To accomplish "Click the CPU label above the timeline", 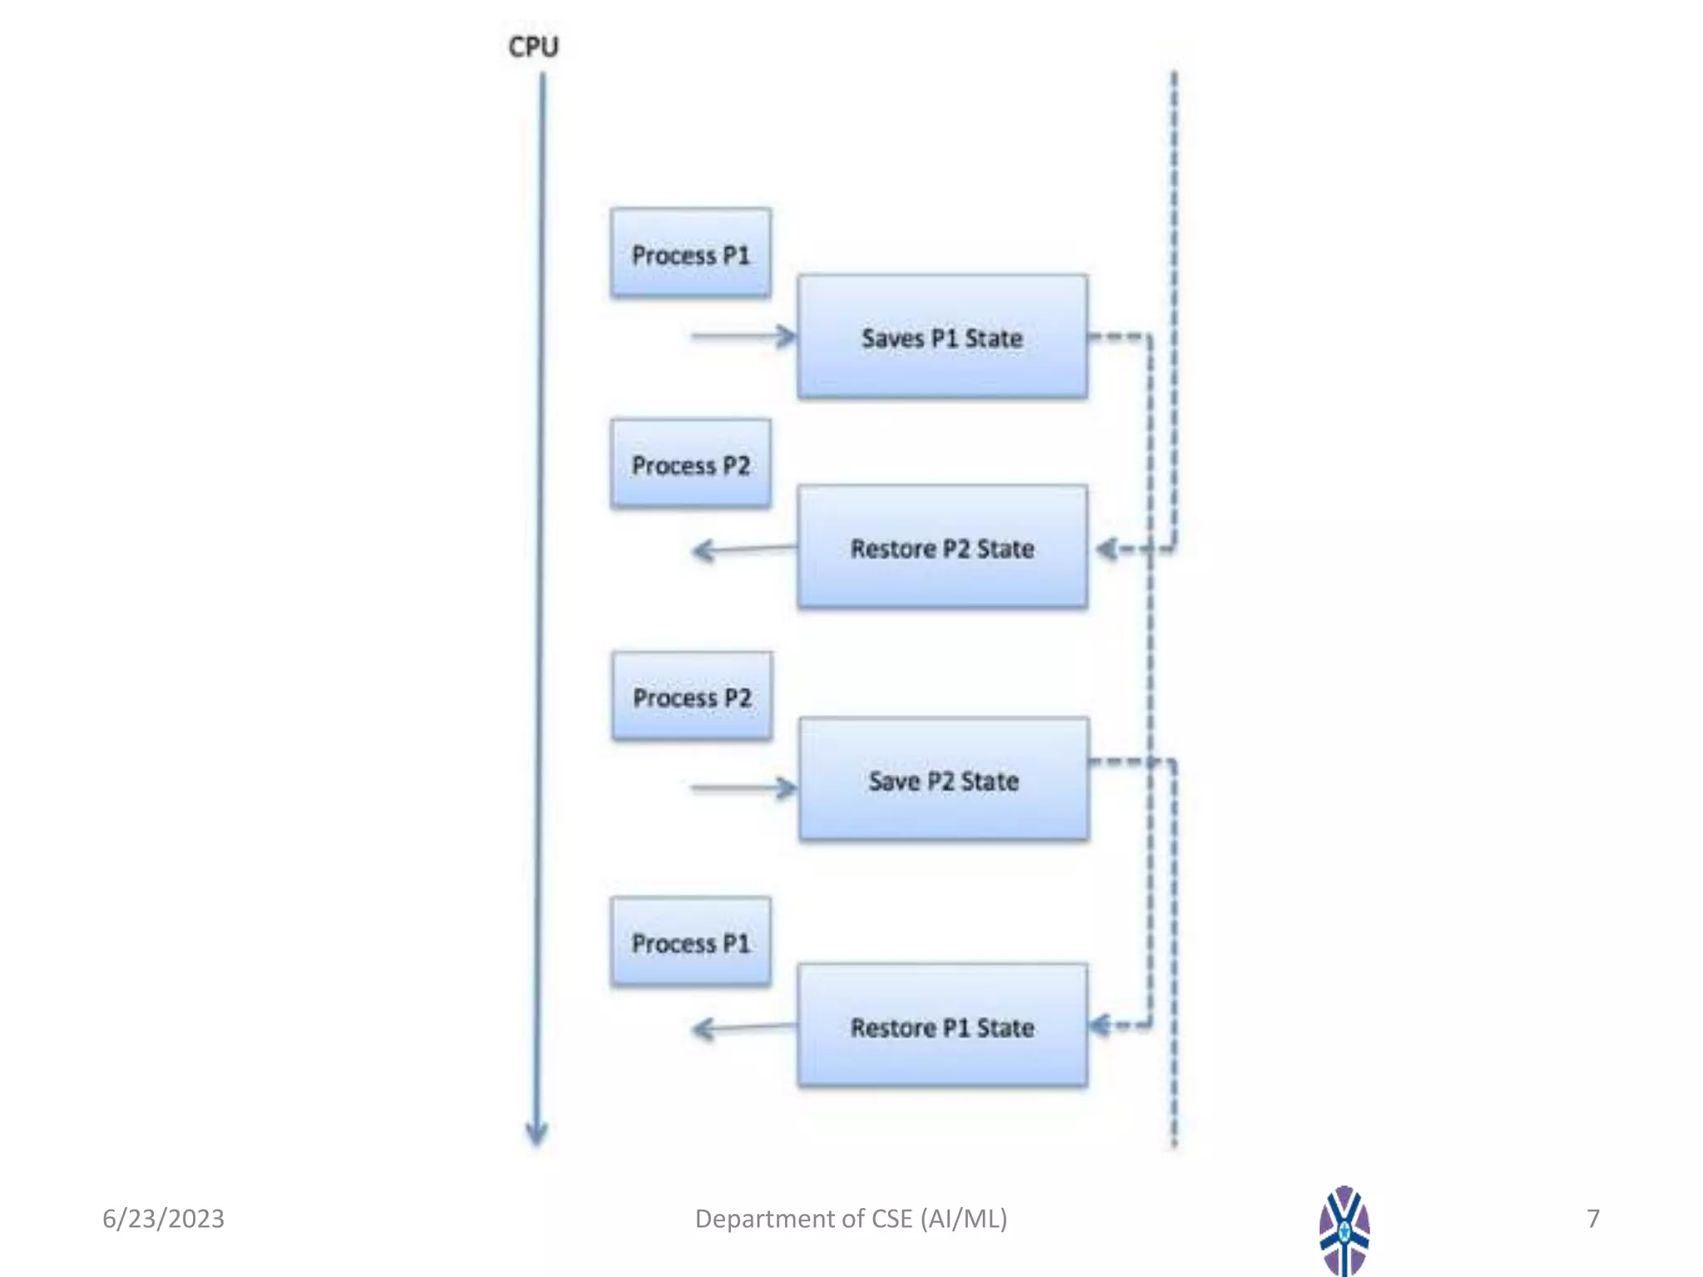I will pyautogui.click(x=533, y=47).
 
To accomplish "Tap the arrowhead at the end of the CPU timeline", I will pyautogui.click(x=536, y=1132).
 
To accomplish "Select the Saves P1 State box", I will pyautogui.click(x=942, y=337).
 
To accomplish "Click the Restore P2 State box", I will pyautogui.click(x=942, y=547).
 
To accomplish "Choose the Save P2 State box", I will pyautogui.click(x=944, y=780).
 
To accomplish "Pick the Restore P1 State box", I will pyautogui.click(x=942, y=1026).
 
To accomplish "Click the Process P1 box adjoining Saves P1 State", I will pyautogui.click(x=690, y=254).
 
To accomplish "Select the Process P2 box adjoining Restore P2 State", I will pyautogui.click(x=690, y=464).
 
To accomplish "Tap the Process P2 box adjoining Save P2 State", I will pyautogui.click(x=692, y=697).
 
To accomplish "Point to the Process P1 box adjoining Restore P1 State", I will pyautogui.click(x=690, y=942).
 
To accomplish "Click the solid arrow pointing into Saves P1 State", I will pyautogui.click(x=743, y=336).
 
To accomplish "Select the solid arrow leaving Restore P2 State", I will pyautogui.click(x=743, y=549).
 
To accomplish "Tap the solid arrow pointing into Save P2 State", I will pyautogui.click(x=743, y=787).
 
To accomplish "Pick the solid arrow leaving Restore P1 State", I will pyautogui.click(x=743, y=1028).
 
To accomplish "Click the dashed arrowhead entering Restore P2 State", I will pyautogui.click(x=1107, y=549).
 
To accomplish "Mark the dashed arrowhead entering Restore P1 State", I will pyautogui.click(x=1100, y=1025).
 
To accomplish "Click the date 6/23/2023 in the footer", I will pyautogui.click(x=163, y=1218).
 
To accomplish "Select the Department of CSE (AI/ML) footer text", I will pyautogui.click(x=851, y=1218).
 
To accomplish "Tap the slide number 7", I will pyautogui.click(x=1592, y=1218).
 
